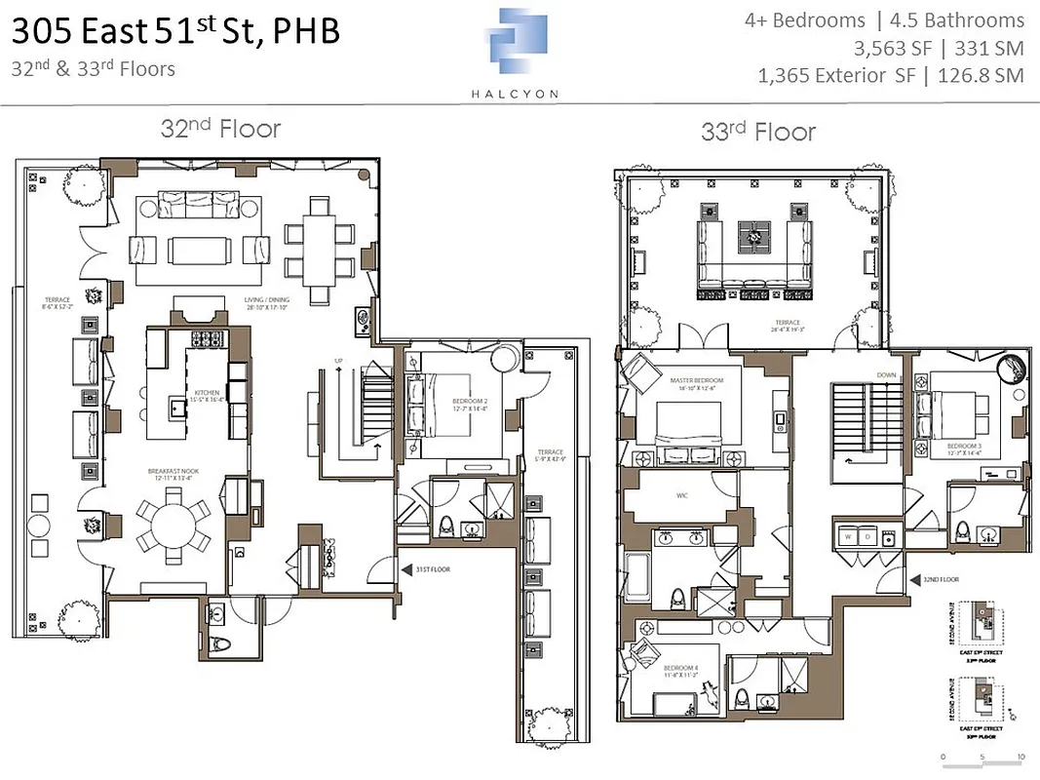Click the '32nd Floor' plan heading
pyautogui.click(x=220, y=129)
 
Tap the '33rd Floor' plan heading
pyautogui.click(x=757, y=132)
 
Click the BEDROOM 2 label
pyautogui.click(x=469, y=402)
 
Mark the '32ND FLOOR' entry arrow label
pyautogui.click(x=941, y=579)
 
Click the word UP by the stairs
pyautogui.click(x=337, y=361)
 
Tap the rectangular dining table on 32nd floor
pyautogui.click(x=321, y=236)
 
